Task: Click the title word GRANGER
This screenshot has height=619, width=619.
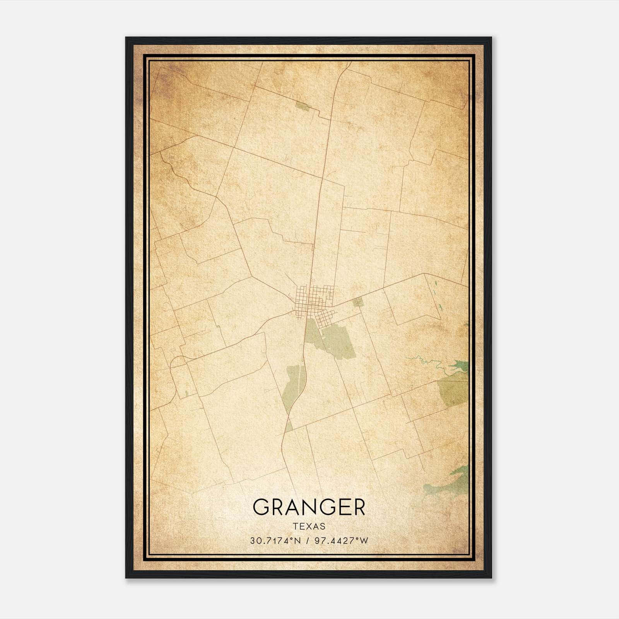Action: click(309, 507)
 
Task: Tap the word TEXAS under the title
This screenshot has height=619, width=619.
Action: click(309, 527)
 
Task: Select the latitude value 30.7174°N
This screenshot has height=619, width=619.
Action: click(275, 541)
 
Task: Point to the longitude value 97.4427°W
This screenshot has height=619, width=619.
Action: click(341, 541)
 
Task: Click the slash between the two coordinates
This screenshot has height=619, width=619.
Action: click(308, 541)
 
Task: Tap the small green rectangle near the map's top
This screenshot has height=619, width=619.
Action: click(302, 106)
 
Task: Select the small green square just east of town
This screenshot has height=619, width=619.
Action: click(358, 302)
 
